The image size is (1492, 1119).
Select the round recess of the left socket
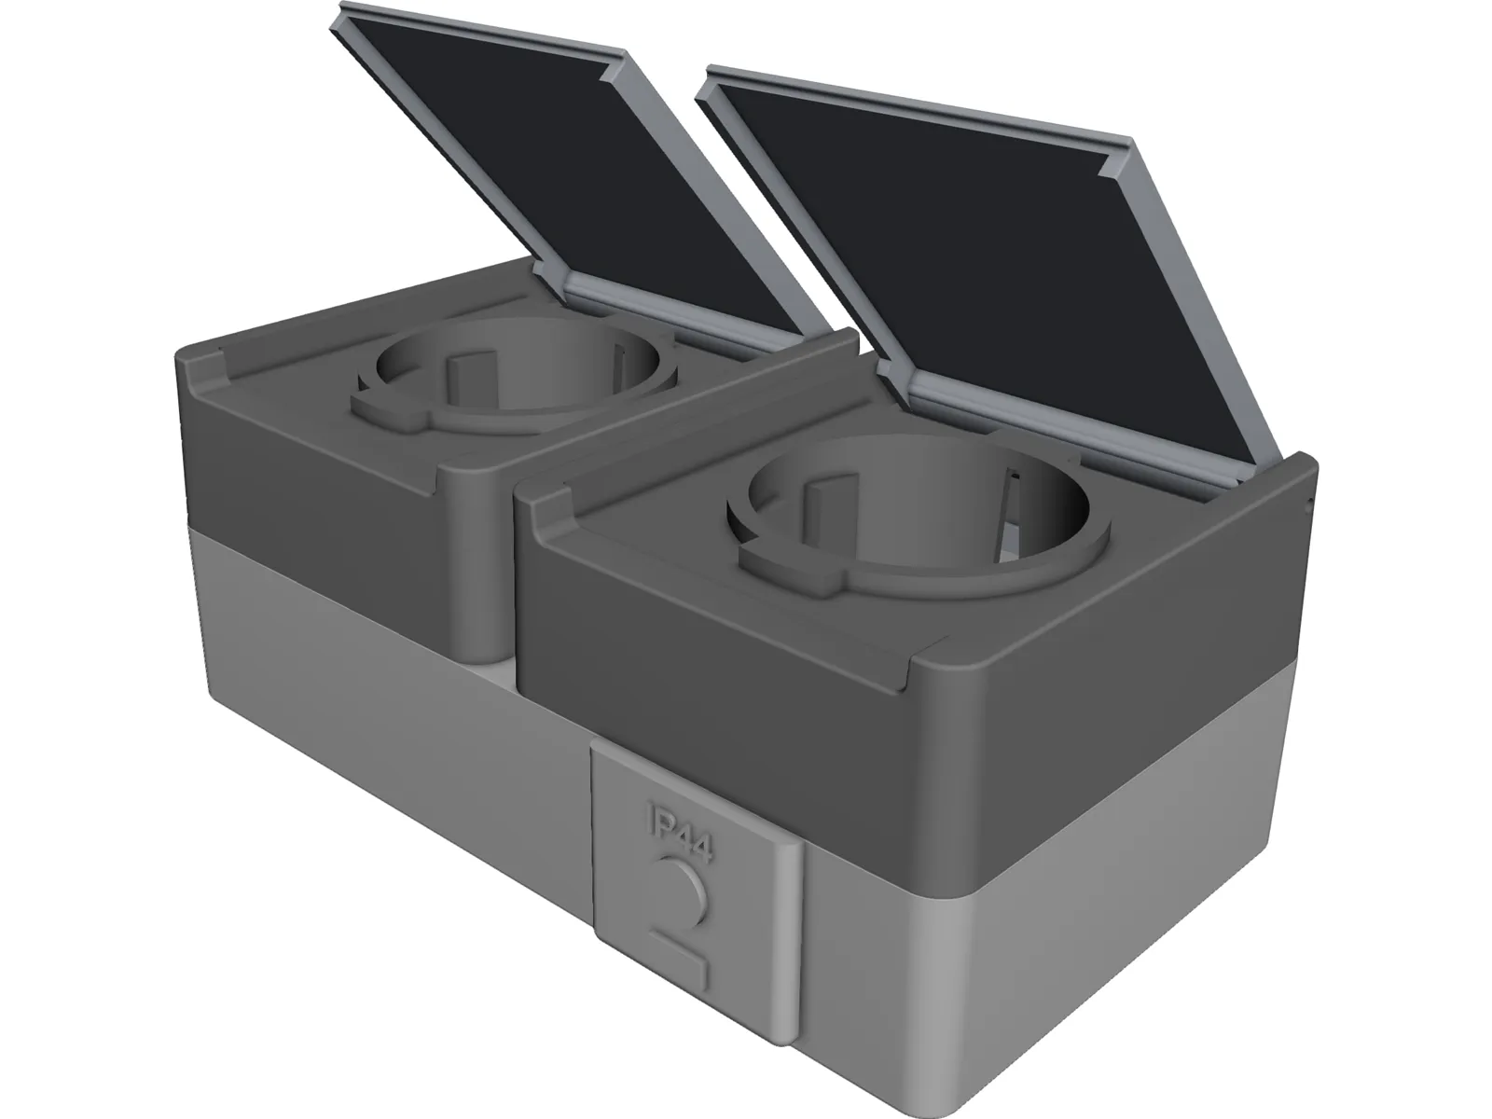[x=522, y=368]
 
